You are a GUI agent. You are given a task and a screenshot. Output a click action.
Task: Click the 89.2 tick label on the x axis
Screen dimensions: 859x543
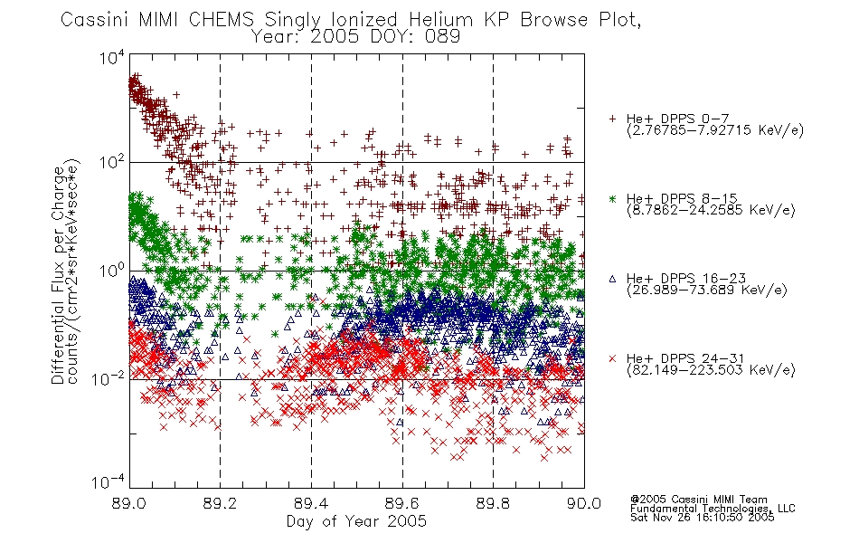tap(220, 503)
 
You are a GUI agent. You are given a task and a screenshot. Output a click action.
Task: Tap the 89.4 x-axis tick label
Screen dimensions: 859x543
tap(311, 503)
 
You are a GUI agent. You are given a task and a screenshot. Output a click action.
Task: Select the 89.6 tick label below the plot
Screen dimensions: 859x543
tap(402, 503)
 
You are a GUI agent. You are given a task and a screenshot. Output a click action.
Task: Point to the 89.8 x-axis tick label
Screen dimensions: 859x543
tap(493, 503)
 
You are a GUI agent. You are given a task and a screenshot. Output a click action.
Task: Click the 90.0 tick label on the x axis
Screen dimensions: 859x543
tap(584, 503)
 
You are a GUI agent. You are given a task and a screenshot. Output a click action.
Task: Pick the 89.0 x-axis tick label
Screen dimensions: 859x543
tap(128, 503)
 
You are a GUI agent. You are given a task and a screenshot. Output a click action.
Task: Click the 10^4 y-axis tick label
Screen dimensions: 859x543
tap(112, 56)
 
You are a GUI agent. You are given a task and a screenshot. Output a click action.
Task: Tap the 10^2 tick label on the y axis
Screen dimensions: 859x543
tap(112, 162)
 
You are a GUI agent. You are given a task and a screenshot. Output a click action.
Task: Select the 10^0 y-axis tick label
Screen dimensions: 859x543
tap(112, 271)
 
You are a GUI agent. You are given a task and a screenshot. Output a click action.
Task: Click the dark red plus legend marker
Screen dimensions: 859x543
tap(612, 119)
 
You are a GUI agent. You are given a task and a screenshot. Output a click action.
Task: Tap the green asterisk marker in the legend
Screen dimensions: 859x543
tap(612, 198)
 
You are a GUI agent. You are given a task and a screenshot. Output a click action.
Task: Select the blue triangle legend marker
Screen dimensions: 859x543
tap(612, 279)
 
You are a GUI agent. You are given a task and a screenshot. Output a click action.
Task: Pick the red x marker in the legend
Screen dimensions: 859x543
tap(612, 358)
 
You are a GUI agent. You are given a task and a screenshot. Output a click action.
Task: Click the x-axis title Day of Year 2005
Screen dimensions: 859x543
tap(356, 521)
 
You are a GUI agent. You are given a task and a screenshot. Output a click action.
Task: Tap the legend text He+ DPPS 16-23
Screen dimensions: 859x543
tap(686, 279)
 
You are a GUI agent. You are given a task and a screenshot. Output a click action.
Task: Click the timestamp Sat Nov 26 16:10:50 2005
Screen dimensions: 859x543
tap(703, 517)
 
